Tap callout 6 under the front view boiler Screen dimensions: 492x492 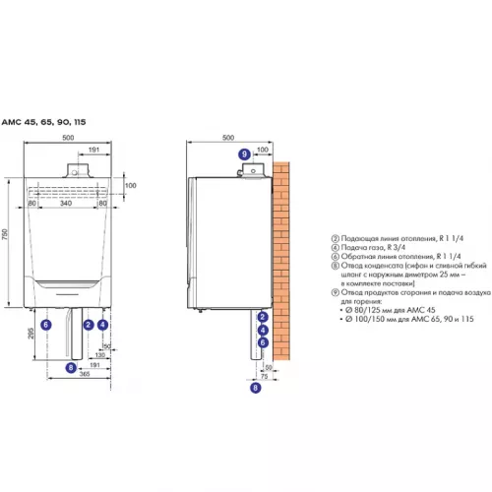point(46,324)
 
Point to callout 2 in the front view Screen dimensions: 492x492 point(89,324)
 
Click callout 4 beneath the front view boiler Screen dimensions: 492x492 point(103,324)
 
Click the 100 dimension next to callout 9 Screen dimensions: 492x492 point(261,151)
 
